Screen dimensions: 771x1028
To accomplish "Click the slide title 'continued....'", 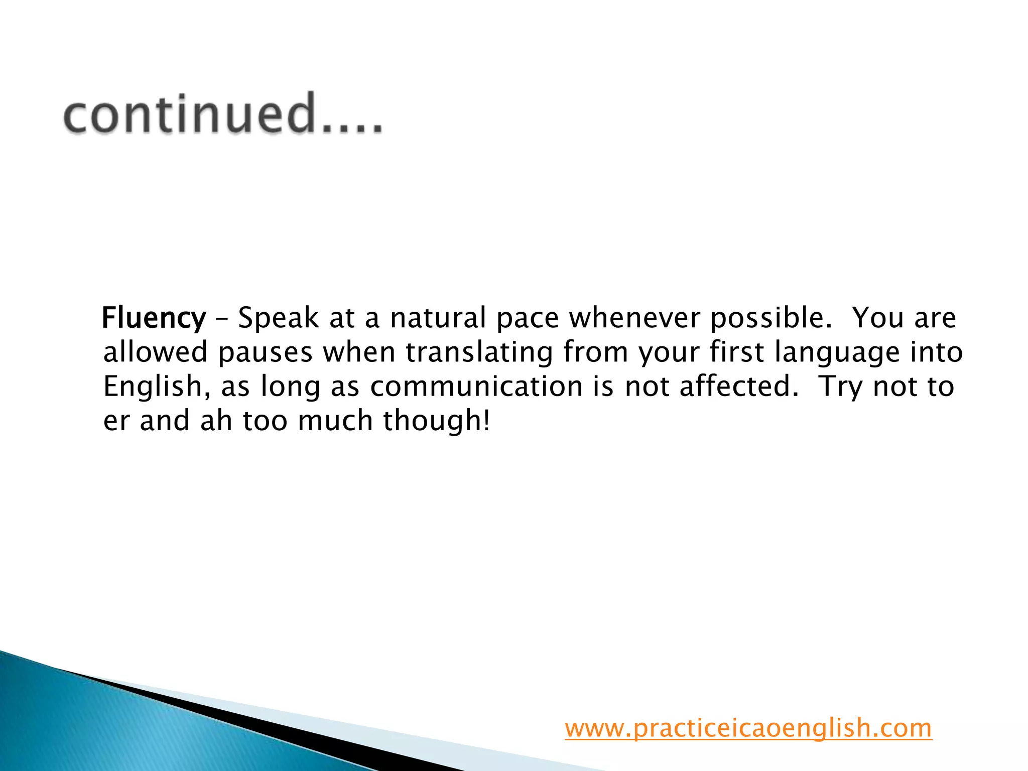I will tap(223, 114).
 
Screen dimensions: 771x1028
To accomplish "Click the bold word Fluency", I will tap(154, 318).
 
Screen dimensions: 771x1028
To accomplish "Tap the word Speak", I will tap(278, 318).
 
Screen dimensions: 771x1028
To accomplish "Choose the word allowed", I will tap(155, 352).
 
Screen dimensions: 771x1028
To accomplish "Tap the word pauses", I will tap(266, 352).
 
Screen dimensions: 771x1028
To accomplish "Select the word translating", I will tap(479, 352).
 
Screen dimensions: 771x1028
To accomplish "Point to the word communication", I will tap(476, 386).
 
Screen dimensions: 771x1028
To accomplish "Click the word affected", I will tap(738, 386).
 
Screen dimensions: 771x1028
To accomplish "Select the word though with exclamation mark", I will tap(436, 420).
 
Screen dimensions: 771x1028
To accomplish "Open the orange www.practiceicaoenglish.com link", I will tap(748, 728).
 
